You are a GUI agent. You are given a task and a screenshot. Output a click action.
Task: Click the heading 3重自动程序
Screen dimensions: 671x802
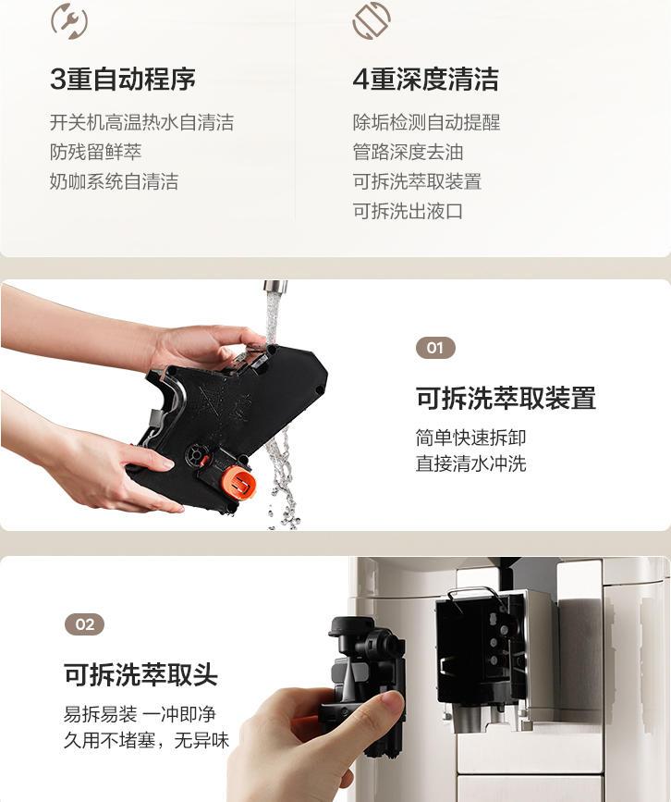[x=123, y=80]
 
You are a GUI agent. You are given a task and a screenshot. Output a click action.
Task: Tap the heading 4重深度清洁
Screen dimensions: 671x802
[x=425, y=80]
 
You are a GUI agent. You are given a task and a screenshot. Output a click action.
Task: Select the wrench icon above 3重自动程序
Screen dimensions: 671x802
[x=69, y=20]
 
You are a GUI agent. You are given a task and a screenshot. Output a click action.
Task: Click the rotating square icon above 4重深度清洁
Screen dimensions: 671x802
[x=372, y=20]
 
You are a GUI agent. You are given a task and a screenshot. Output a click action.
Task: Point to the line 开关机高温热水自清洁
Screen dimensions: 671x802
[x=141, y=122]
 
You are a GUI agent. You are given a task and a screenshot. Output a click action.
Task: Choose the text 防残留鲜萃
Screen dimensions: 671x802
[x=95, y=152]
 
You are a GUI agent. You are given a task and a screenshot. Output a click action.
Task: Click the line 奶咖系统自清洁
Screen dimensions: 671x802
[x=114, y=181]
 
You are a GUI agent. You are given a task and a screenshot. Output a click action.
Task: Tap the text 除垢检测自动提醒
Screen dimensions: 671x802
[x=426, y=122]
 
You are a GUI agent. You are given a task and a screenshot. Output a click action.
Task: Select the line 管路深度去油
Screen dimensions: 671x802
[x=408, y=152]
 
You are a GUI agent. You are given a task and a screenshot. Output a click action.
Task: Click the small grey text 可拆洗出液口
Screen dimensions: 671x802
[x=408, y=211]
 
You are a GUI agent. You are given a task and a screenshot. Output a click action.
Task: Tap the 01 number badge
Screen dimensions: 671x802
[x=435, y=348]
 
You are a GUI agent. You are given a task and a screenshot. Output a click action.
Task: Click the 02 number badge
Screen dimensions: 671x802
[x=84, y=624]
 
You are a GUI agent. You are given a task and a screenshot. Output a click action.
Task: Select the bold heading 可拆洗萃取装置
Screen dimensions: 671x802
[x=506, y=398]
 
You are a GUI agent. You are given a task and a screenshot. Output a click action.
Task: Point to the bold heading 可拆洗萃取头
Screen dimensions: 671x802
[x=140, y=674]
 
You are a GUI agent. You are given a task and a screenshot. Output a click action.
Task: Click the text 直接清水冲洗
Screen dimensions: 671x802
[x=470, y=464]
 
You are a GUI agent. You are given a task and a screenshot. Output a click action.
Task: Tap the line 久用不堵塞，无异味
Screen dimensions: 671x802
[x=146, y=740]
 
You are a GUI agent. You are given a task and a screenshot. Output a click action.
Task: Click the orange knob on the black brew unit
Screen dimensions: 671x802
[x=238, y=482]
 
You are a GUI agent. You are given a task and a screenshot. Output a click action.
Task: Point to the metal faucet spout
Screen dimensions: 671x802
[x=274, y=287]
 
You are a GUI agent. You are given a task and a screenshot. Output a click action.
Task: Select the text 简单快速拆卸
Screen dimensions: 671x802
[x=470, y=438]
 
